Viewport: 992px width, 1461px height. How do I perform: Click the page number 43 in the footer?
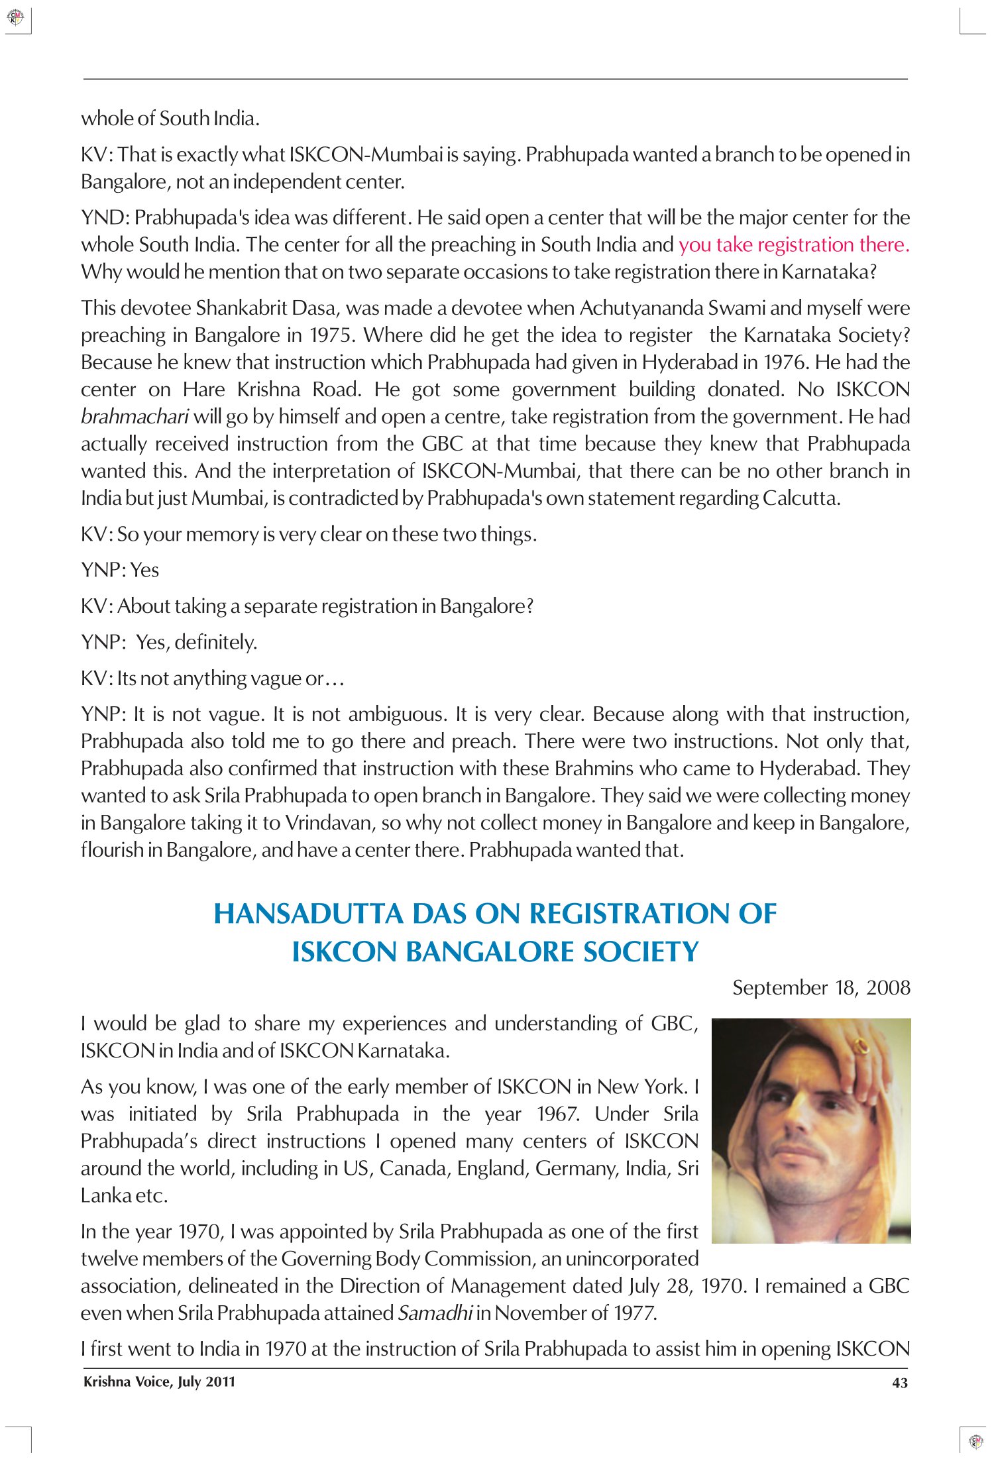(899, 1382)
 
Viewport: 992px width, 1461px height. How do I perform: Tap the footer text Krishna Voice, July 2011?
(159, 1381)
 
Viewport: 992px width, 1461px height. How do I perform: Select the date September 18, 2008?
(821, 988)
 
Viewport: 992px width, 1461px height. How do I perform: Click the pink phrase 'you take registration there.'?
(794, 245)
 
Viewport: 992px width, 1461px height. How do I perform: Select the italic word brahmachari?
(135, 417)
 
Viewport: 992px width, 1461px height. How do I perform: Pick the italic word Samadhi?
(435, 1313)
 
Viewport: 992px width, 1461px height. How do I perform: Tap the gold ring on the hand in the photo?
(861, 1046)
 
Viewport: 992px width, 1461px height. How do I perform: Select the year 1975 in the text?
(331, 335)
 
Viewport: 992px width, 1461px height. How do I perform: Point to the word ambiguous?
(397, 714)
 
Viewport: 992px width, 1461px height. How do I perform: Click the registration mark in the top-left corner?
(15, 17)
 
